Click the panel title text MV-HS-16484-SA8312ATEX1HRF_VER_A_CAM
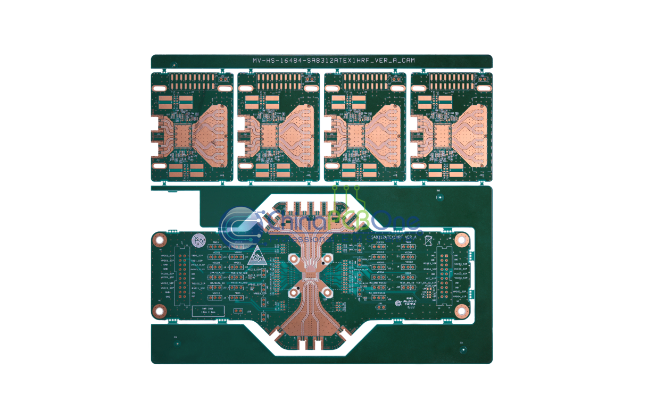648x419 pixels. pyautogui.click(x=333, y=61)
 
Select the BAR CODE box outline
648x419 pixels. pyautogui.click(x=207, y=311)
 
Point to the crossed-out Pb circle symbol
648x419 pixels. pyautogui.click(x=198, y=241)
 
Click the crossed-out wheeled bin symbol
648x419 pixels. pyautogui.click(x=428, y=241)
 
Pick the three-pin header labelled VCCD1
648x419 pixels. pyautogui.click(x=217, y=257)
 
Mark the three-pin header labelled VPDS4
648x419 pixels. pyautogui.click(x=380, y=276)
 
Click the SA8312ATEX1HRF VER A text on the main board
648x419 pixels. pyautogui.click(x=394, y=236)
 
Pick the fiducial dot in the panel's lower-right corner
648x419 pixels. pyautogui.click(x=463, y=349)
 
